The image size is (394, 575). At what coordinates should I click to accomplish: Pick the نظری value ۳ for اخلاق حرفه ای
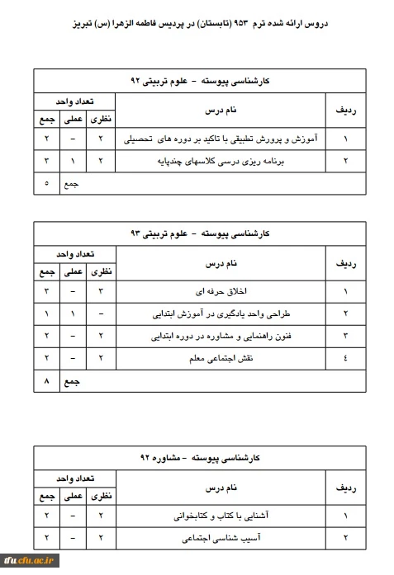point(100,292)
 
